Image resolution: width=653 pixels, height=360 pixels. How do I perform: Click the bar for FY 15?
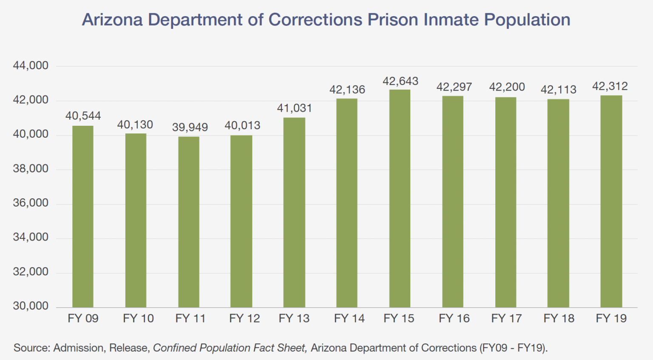pos(400,198)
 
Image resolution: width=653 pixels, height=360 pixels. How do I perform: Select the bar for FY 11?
pos(189,222)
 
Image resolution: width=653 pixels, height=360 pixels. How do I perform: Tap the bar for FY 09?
pos(83,216)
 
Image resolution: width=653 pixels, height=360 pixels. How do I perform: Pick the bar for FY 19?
pos(611,201)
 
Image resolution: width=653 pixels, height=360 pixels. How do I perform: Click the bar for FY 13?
pos(294,213)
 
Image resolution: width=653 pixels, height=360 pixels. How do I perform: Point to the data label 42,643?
pos(400,81)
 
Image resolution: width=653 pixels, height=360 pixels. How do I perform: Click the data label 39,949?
pos(190,128)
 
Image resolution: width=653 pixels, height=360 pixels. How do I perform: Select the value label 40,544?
pos(83,116)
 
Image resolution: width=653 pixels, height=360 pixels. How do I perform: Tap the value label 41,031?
pos(295,108)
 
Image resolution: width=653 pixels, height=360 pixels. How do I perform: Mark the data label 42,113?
pos(558,90)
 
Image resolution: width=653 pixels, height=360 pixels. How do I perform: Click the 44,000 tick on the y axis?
pos(31,66)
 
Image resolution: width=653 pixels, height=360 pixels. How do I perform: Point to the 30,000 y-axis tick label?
pos(31,306)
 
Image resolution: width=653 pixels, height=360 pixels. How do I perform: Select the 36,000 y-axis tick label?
pos(31,203)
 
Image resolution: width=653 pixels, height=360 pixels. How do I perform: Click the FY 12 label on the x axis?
pos(244,319)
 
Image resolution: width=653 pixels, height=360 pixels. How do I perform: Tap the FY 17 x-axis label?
pos(506,319)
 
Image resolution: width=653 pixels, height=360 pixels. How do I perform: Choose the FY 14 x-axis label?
pos(349,319)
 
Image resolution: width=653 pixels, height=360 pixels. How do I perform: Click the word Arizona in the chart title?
pos(112,20)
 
